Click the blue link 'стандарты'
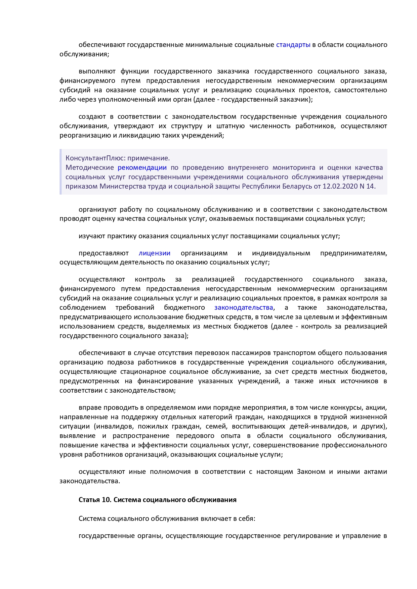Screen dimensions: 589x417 point(293,45)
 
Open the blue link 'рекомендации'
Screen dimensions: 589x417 point(142,167)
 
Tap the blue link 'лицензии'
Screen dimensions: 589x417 point(155,253)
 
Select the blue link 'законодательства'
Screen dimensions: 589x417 point(244,307)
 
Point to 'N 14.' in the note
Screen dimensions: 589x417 point(367,186)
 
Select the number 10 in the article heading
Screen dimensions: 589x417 point(106,500)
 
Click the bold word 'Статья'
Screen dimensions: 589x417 point(89,500)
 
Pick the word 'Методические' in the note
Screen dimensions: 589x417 point(89,167)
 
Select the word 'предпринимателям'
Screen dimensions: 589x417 point(353,253)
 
